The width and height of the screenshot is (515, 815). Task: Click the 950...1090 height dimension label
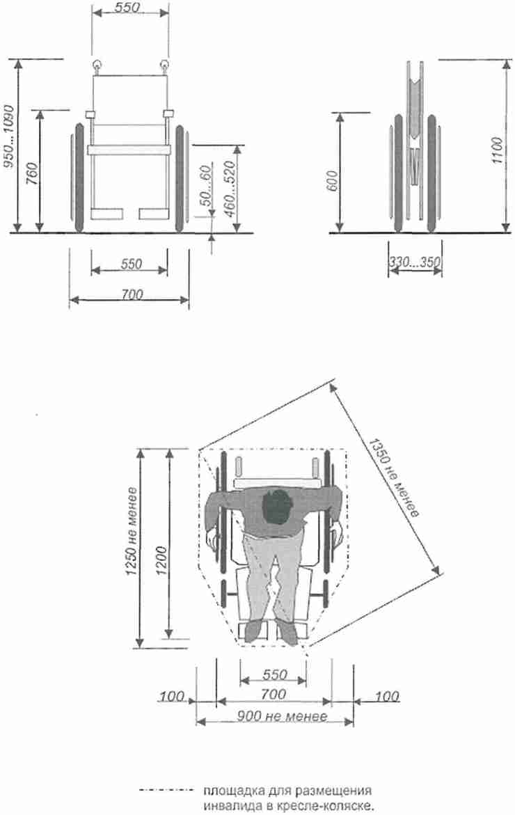tap(9, 137)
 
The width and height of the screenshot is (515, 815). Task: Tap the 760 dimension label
tap(32, 175)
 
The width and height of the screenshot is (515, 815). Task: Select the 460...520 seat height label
tap(229, 188)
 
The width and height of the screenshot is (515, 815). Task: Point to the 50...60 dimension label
tap(206, 186)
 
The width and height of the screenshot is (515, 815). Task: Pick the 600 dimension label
tap(332, 180)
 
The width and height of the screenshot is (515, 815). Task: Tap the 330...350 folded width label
tap(415, 262)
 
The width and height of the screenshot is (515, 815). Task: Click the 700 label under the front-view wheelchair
tap(132, 294)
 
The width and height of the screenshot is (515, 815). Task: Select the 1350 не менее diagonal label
tap(394, 478)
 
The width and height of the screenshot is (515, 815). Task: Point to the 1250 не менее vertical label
tap(132, 531)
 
